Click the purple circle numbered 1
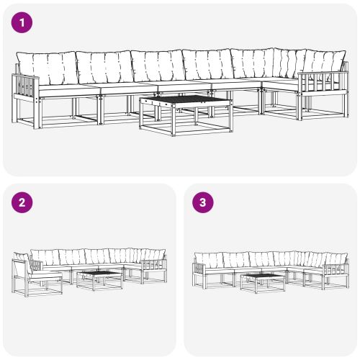click(23, 23)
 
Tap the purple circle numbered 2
click(23, 202)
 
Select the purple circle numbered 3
click(203, 202)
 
